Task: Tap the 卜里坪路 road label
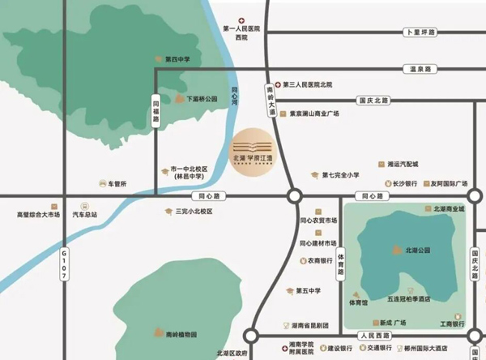click(x=420, y=32)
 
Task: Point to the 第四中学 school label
click(x=177, y=59)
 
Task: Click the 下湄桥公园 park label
click(x=202, y=99)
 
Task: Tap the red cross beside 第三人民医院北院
click(x=277, y=84)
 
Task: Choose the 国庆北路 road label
click(x=373, y=101)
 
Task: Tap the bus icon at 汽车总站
click(x=83, y=207)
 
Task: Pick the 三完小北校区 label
click(x=194, y=212)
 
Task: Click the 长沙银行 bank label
click(x=405, y=184)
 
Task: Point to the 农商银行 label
click(x=321, y=261)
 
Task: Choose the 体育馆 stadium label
click(x=359, y=302)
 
